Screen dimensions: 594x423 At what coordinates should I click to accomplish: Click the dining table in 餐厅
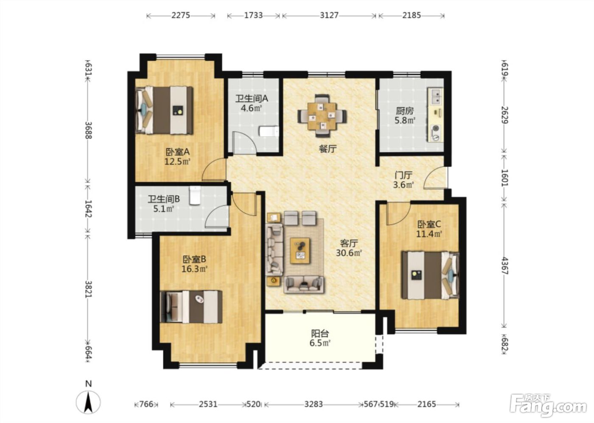click(x=322, y=116)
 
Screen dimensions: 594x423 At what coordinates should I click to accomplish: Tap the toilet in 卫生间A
click(x=269, y=132)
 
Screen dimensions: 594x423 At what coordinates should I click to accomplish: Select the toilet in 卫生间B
click(x=195, y=195)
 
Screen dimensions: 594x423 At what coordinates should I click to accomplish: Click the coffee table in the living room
click(x=300, y=251)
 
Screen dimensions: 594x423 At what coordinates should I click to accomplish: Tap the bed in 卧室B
click(x=191, y=307)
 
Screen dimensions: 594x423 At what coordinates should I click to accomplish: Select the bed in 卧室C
click(x=430, y=276)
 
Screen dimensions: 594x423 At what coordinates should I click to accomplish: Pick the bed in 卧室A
click(x=164, y=110)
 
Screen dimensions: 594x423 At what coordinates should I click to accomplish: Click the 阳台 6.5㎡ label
click(x=320, y=338)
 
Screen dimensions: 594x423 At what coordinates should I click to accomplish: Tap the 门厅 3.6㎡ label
click(x=403, y=180)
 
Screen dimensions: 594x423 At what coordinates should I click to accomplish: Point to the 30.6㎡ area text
click(x=349, y=253)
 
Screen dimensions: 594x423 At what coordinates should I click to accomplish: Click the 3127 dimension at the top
click(x=329, y=15)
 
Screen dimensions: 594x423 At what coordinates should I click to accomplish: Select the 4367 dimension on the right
click(x=504, y=265)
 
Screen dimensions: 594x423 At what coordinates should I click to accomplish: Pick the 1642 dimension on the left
click(x=88, y=209)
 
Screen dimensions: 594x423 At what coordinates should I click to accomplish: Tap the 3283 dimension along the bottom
click(x=314, y=404)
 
